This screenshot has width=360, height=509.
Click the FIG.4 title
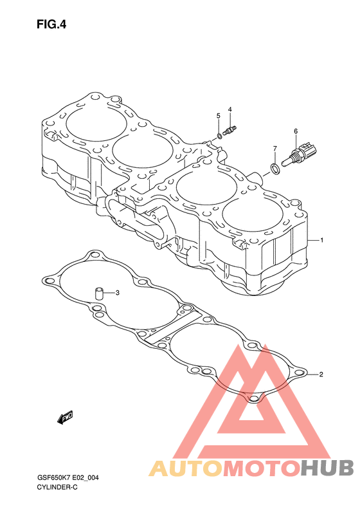coord(51,24)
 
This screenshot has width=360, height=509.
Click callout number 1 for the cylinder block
coord(321,240)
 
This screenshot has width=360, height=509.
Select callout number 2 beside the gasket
coord(321,375)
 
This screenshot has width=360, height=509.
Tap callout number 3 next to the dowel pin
coord(118,293)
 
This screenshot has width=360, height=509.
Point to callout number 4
coord(230,109)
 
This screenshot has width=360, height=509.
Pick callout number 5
coord(219,116)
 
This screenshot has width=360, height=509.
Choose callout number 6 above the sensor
coord(296,131)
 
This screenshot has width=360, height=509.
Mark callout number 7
coord(275,149)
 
